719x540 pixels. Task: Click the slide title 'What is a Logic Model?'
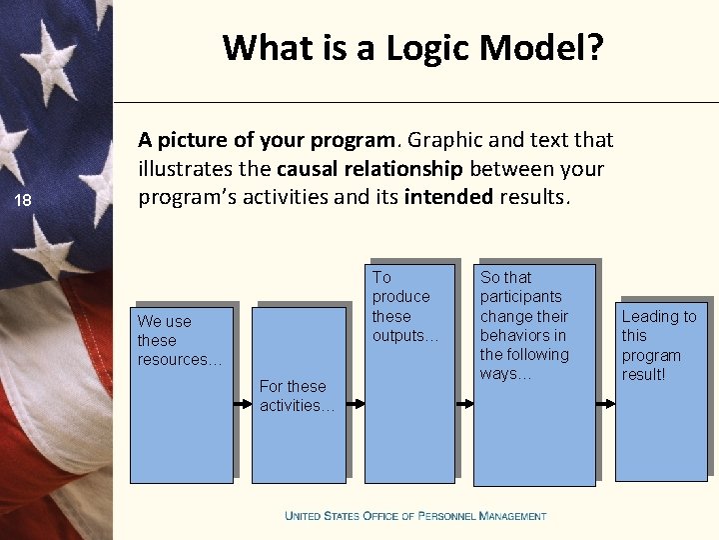tap(412, 47)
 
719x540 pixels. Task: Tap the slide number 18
tap(22, 201)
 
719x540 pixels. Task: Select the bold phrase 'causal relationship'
tap(369, 168)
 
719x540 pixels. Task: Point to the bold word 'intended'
tap(448, 196)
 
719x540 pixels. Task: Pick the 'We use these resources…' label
tap(179, 340)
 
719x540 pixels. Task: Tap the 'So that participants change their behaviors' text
tap(524, 325)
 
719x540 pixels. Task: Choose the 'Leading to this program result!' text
tap(658, 345)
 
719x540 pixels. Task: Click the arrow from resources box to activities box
tap(242, 403)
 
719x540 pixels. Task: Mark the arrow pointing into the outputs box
tap(356, 403)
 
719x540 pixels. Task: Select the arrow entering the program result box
tap(606, 403)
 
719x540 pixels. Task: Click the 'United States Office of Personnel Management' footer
tap(415, 516)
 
